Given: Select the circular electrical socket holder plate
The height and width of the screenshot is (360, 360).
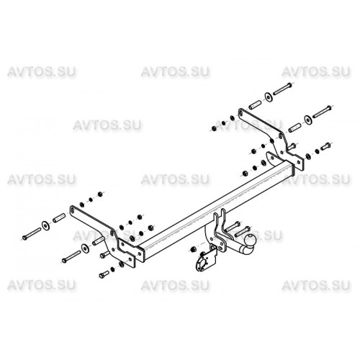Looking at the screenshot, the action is [201, 263].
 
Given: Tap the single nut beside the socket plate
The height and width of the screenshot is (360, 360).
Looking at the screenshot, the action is [192, 249].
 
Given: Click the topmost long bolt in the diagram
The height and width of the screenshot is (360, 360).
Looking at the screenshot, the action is [283, 89].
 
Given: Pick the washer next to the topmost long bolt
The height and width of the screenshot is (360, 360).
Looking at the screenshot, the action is [268, 96].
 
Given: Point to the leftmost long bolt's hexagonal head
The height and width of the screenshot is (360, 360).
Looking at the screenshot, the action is [24, 238].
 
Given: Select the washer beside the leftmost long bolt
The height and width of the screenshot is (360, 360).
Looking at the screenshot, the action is [45, 225].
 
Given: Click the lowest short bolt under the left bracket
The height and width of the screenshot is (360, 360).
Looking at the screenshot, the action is [104, 274].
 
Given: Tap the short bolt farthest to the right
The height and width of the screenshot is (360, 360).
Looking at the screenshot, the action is [325, 146].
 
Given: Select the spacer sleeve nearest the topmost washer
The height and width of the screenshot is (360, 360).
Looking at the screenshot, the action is [255, 104].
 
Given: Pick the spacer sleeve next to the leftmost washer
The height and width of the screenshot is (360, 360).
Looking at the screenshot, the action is [59, 217].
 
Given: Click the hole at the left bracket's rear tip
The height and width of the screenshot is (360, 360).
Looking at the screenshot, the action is [71, 210].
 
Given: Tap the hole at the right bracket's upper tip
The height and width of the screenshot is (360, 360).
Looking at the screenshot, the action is [240, 112].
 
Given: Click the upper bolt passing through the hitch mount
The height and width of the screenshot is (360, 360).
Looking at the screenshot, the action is [233, 226].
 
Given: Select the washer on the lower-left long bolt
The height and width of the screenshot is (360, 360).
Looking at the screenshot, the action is [84, 248].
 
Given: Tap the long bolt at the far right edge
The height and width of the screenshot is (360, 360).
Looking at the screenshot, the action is [322, 112].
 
